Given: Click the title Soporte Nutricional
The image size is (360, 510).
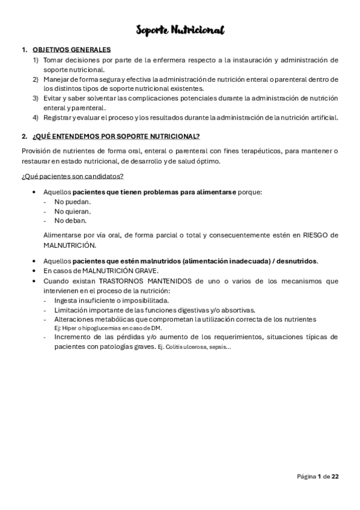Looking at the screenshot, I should point(180,30).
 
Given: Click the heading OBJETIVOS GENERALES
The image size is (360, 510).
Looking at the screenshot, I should point(72,50).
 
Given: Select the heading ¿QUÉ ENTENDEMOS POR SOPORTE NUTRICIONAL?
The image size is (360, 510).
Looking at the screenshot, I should point(116,137).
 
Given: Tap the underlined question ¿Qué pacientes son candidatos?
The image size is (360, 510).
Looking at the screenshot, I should point(73,176).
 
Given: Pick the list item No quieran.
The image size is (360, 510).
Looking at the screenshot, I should point(73,211).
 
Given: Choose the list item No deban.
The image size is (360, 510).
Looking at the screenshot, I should point(70,220).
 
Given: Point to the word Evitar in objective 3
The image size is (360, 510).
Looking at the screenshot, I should point(53,97).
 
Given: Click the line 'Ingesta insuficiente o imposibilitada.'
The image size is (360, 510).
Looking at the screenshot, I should point(112,300).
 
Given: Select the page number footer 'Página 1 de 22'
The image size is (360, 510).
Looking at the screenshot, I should point(318,476).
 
